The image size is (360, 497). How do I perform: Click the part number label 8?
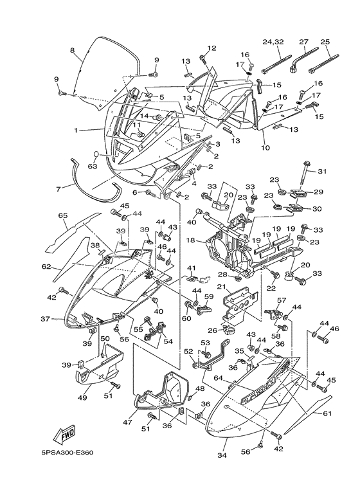point(72,50)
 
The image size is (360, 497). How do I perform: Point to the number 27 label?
point(303,42)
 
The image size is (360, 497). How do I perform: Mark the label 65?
point(63,216)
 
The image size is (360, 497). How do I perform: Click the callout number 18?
point(190,240)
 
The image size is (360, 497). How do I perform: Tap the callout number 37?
point(46,318)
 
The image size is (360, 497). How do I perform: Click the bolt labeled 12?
point(203,60)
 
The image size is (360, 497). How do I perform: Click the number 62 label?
point(46,266)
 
